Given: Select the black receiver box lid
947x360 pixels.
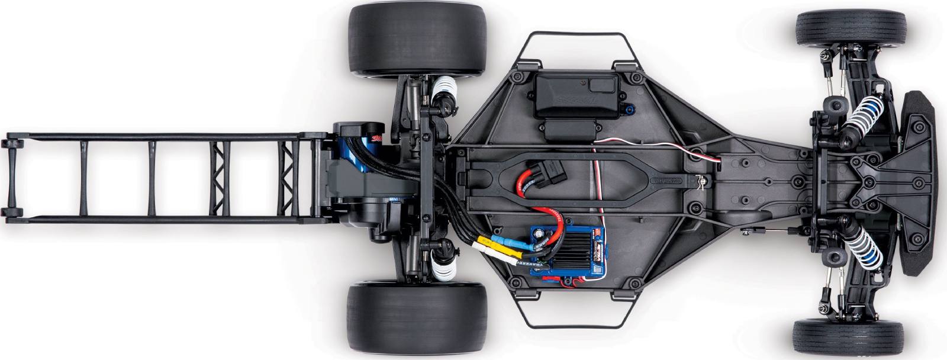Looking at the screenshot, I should pyautogui.click(x=573, y=91).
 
